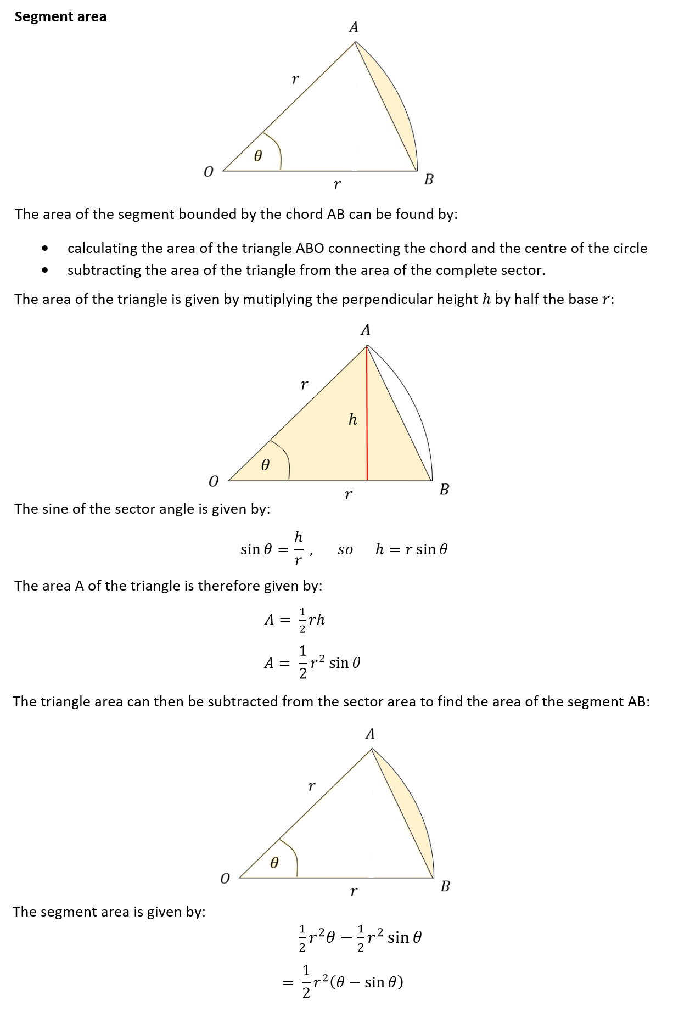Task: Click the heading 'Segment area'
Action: pos(60,17)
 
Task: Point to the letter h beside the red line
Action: pos(353,420)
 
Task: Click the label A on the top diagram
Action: pos(354,27)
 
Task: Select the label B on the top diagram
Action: pos(429,179)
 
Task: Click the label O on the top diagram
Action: pos(208,172)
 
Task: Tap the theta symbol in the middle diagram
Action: pos(265,465)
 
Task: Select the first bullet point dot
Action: pos(45,249)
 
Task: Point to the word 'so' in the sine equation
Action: pos(345,550)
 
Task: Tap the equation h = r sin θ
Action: pos(411,549)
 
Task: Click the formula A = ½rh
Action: pos(295,620)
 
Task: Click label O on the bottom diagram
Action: pos(225,879)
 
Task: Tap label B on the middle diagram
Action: pos(444,490)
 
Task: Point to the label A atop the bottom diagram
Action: pos(370,734)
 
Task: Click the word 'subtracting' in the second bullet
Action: pos(99,271)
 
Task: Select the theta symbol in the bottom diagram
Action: pos(274,863)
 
